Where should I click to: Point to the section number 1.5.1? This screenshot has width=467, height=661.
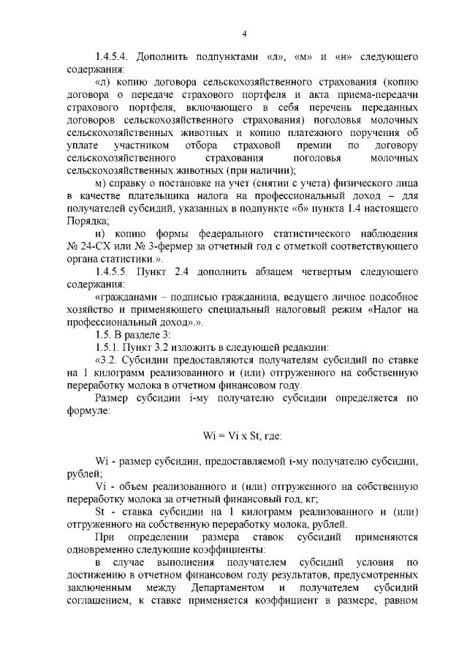tap(107, 346)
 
